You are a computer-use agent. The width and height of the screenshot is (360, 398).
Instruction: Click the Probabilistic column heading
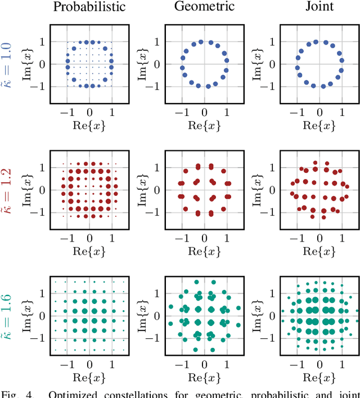[89, 7]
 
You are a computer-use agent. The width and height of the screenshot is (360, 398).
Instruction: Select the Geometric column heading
[205, 7]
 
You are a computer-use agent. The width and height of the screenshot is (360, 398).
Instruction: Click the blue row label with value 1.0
[10, 64]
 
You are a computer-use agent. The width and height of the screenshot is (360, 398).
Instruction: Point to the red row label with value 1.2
[10, 189]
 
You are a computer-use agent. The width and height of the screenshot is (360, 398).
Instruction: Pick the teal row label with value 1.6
[10, 315]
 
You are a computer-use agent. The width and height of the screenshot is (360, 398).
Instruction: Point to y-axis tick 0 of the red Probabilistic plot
[43, 190]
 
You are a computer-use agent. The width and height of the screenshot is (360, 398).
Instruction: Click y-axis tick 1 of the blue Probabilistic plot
[43, 42]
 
